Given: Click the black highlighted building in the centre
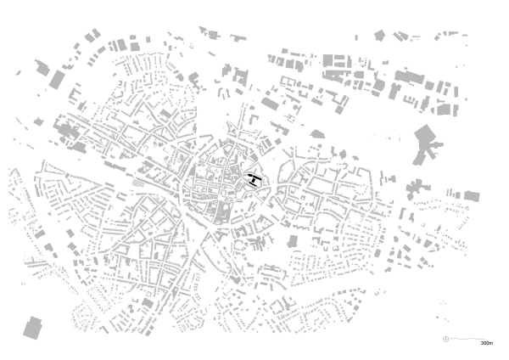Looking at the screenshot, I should (x=253, y=179).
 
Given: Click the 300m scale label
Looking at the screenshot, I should (x=486, y=344).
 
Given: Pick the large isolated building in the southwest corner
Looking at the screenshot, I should (x=33, y=328).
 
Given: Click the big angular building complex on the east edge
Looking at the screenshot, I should (x=425, y=142).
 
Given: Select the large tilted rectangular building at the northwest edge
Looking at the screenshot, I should (x=57, y=79).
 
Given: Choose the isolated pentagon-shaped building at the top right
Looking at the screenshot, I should (x=378, y=36).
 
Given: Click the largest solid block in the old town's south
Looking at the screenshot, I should (x=219, y=211).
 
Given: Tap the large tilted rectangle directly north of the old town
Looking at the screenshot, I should (x=270, y=104).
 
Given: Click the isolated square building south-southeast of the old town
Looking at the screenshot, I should (x=293, y=241).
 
